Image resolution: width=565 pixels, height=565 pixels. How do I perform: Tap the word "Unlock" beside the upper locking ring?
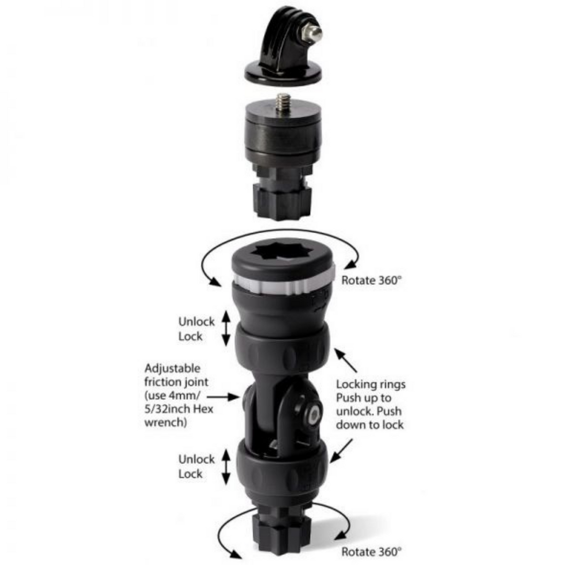click(x=196, y=322)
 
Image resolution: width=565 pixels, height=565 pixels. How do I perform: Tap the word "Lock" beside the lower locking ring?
click(x=190, y=474)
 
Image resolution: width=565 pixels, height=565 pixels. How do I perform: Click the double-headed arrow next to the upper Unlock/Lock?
click(x=225, y=327)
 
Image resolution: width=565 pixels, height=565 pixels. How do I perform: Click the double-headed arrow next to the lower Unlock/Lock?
click(x=226, y=467)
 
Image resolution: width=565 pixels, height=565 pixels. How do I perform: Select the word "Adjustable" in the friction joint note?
click(x=172, y=369)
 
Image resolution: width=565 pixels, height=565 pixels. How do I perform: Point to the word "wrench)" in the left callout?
click(x=165, y=423)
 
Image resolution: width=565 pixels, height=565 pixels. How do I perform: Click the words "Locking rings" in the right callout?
click(x=370, y=385)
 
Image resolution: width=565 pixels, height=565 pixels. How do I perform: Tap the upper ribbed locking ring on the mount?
click(x=282, y=348)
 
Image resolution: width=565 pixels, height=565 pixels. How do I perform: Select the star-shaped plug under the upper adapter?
click(x=282, y=201)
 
